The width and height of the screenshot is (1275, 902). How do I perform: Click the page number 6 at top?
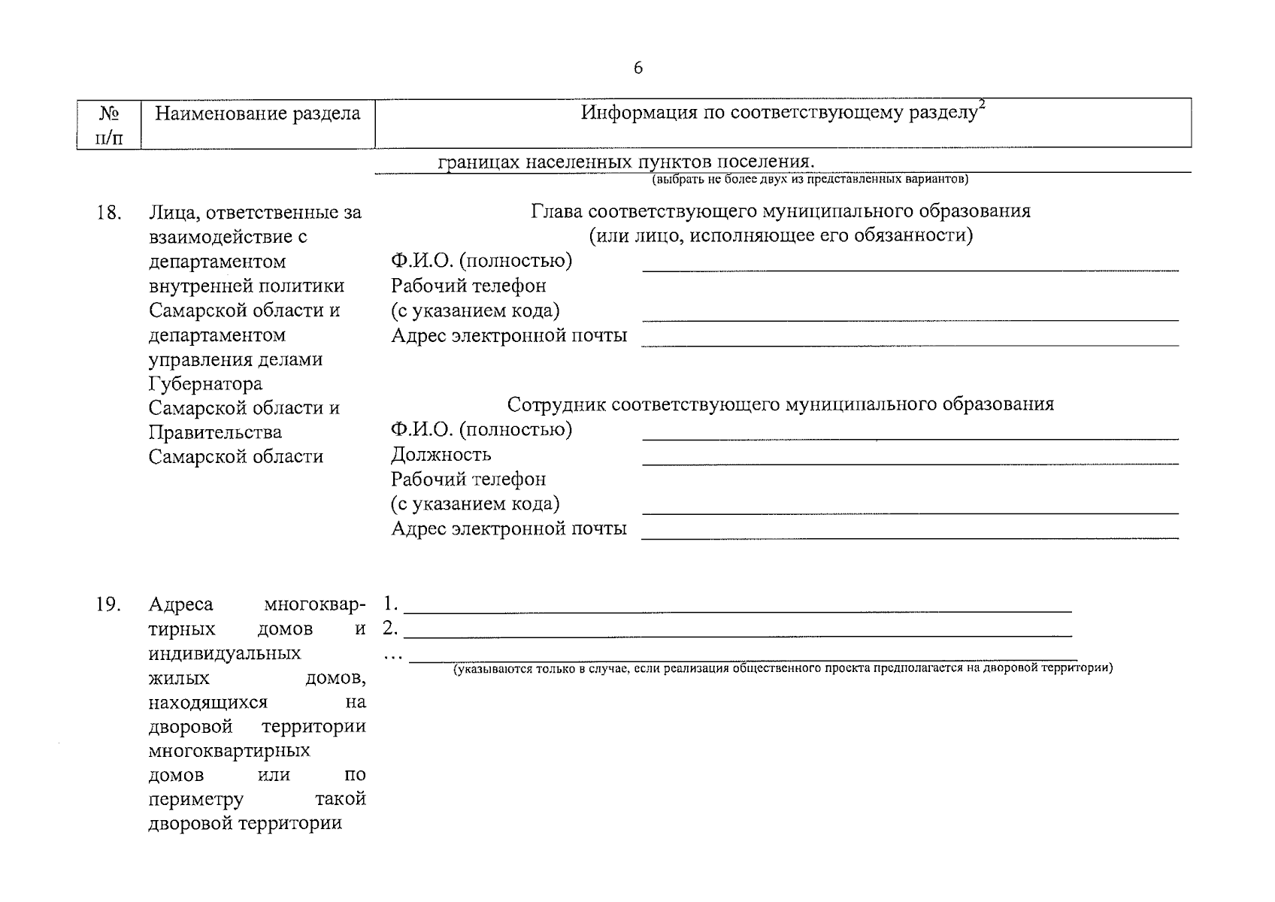click(638, 68)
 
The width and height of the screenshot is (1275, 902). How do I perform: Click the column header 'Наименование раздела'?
click(257, 114)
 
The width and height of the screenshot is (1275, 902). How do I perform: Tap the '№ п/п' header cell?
click(109, 125)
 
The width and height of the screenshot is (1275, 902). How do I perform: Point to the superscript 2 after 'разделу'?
click(982, 107)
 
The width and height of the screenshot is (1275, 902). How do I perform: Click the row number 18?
click(109, 213)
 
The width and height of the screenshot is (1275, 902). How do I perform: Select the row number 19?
click(109, 604)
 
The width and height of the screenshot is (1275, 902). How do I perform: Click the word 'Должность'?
click(441, 455)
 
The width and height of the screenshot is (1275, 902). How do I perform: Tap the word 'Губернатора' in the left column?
click(205, 384)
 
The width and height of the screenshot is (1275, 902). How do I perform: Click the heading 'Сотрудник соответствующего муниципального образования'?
click(780, 404)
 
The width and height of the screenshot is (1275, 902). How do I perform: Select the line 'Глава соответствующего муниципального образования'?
click(780, 211)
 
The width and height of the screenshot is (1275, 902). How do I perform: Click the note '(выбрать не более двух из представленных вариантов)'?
click(810, 180)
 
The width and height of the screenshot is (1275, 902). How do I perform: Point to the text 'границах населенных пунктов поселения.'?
click(627, 162)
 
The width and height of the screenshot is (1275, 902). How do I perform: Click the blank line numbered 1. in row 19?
click(737, 611)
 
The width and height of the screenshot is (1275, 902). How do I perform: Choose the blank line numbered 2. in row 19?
click(737, 635)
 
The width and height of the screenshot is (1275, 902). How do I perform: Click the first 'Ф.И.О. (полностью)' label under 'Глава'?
click(481, 261)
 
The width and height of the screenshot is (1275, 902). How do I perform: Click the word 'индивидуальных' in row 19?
click(225, 653)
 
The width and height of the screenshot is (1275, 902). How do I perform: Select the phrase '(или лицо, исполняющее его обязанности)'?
click(780, 236)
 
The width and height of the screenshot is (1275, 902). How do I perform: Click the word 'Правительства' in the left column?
click(215, 433)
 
